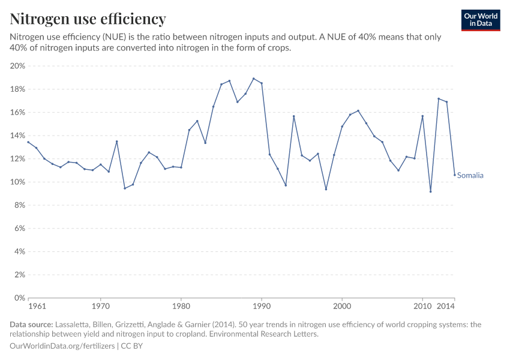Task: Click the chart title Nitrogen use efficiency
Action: click(x=88, y=19)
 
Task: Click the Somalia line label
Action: click(x=470, y=176)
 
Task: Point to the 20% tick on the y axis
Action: click(x=18, y=66)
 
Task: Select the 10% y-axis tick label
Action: click(x=18, y=182)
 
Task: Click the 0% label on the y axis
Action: click(x=20, y=298)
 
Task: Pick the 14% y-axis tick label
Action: click(x=18, y=136)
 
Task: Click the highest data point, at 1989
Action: click(x=253, y=79)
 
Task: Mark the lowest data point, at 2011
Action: click(x=430, y=191)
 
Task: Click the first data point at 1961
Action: click(x=28, y=142)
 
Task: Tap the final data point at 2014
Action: click(x=454, y=175)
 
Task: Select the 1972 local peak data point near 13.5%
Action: click(x=116, y=142)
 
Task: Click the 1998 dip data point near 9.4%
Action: click(x=326, y=189)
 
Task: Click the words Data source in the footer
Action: click(x=31, y=325)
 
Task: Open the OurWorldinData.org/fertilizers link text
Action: click(x=63, y=346)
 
